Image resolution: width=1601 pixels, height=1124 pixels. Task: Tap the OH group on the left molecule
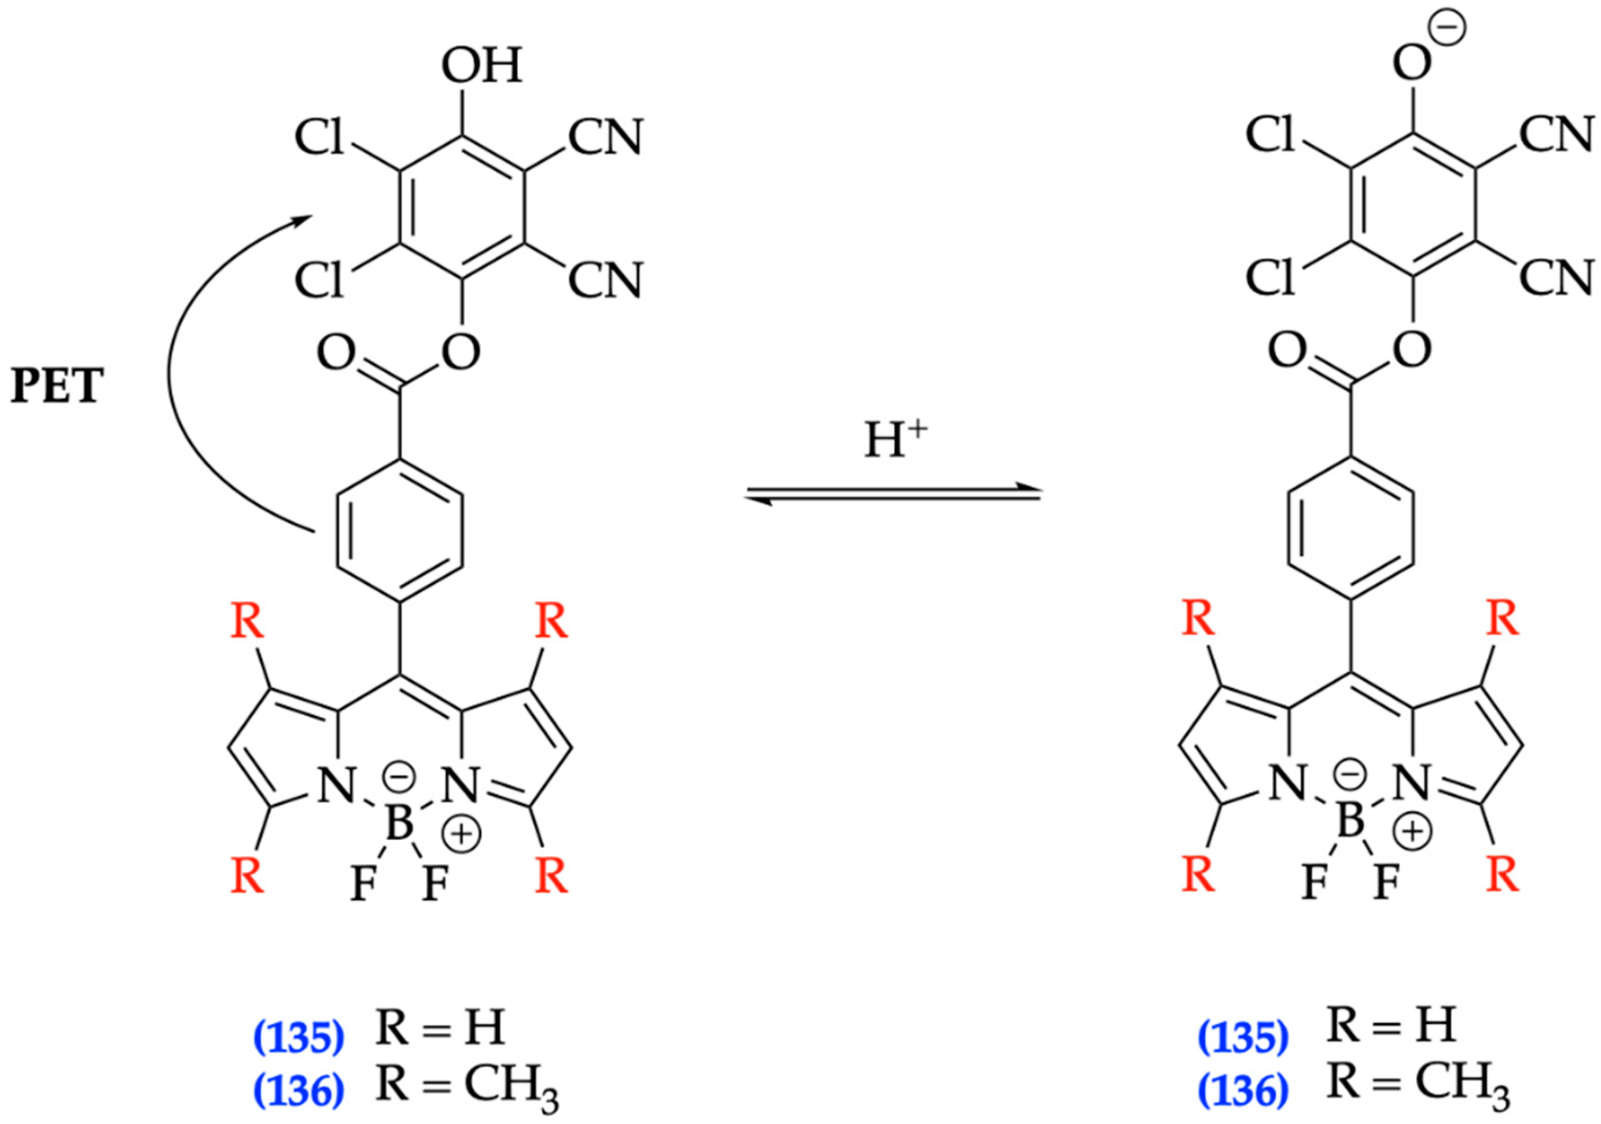[481, 67]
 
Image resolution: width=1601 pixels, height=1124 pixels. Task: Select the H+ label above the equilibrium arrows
[895, 441]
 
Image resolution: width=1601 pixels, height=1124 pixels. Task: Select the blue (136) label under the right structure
[1243, 1090]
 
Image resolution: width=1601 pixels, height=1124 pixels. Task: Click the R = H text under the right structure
[1391, 1027]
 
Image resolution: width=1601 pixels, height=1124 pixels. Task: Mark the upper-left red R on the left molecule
[248, 621]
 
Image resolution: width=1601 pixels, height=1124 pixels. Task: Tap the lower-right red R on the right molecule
[1503, 876]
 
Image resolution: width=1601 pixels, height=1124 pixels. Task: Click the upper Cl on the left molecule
[319, 137]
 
